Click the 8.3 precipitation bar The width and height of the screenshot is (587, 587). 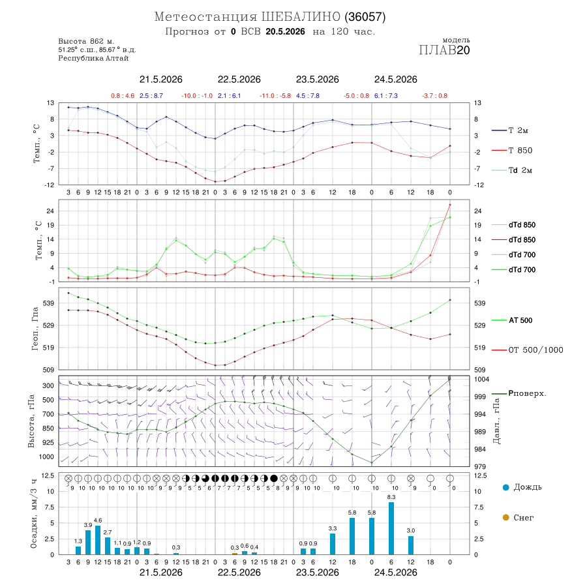pyautogui.click(x=391, y=528)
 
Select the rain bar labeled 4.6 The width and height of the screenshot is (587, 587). pyautogui.click(x=98, y=540)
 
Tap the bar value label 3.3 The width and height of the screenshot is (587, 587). pyautogui.click(x=333, y=528)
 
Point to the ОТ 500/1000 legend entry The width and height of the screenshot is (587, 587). pyautogui.click(x=528, y=350)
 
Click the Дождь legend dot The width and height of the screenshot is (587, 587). pyautogui.click(x=505, y=487)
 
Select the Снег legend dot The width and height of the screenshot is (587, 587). pyautogui.click(x=505, y=518)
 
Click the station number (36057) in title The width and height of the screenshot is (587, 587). pyautogui.click(x=365, y=17)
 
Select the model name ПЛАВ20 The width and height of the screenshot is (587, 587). pyautogui.click(x=444, y=50)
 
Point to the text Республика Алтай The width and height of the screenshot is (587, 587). pyautogui.click(x=93, y=59)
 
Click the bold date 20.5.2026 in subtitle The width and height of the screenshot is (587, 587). pyautogui.click(x=285, y=32)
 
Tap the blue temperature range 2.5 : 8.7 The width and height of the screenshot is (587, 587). pyautogui.click(x=151, y=96)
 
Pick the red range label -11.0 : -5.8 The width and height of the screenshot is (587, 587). pyautogui.click(x=275, y=96)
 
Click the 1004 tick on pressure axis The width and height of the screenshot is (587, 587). pyautogui.click(x=481, y=379)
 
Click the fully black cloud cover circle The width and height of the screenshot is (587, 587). pyautogui.click(x=274, y=479)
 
